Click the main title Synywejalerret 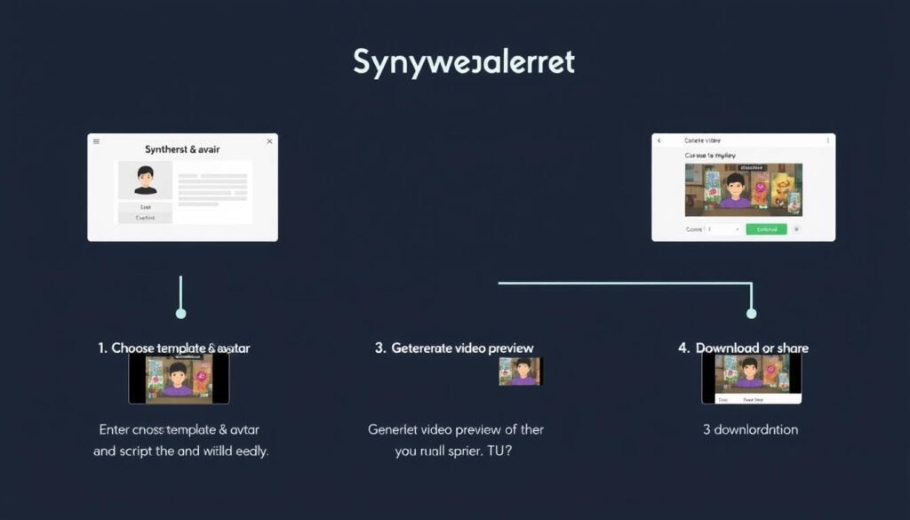click(464, 62)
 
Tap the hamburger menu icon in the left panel click(97, 141)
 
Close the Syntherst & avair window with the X click(269, 141)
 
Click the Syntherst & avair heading click(183, 150)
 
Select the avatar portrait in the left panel click(145, 180)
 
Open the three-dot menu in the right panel click(827, 140)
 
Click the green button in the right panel click(766, 228)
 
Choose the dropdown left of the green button click(722, 228)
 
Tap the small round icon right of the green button click(796, 228)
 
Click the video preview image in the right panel click(743, 189)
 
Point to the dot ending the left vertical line click(181, 314)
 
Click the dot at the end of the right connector click(751, 314)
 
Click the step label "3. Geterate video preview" click(454, 348)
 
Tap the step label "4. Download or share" click(743, 348)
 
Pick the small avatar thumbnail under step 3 click(520, 372)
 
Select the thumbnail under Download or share click(751, 379)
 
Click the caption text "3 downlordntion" click(750, 429)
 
